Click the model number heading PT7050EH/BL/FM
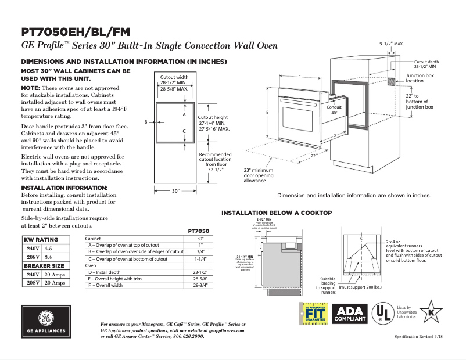76,31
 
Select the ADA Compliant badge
350,314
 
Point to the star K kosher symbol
431,312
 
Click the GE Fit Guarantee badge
314,315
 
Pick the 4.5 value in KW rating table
48,248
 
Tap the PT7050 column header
199,231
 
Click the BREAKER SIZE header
44,265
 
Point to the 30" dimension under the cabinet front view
176,190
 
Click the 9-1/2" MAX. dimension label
391,44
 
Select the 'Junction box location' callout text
420,78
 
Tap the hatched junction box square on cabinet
392,80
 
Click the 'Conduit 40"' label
334,110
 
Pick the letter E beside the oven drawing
267,111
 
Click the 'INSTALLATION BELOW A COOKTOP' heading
277,213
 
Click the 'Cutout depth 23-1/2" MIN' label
426,64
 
